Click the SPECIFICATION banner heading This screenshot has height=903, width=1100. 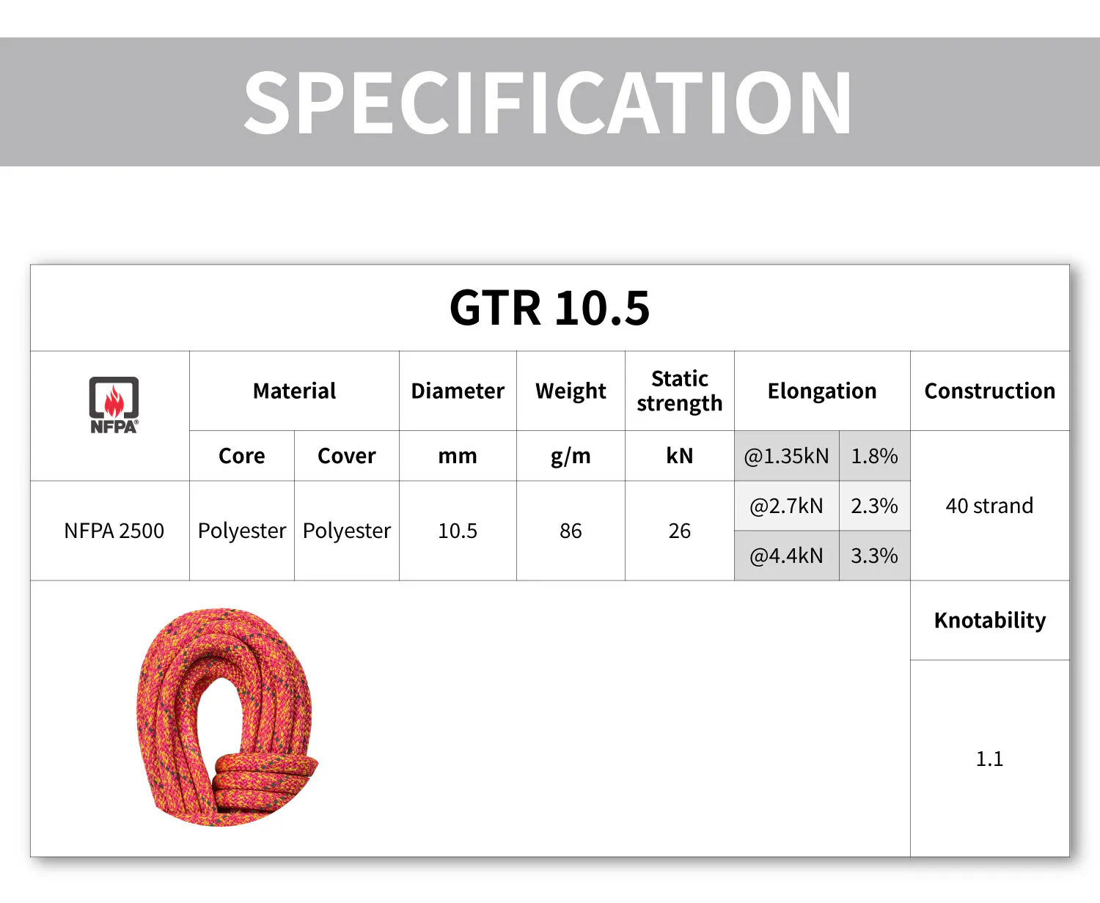click(548, 103)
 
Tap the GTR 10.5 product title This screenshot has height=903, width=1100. click(550, 308)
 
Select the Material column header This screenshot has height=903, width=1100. click(294, 391)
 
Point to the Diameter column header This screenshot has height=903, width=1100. click(458, 391)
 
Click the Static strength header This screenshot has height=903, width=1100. click(680, 391)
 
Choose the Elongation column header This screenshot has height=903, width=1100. click(822, 391)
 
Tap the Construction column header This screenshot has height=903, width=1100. click(989, 391)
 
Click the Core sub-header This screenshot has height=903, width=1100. click(241, 456)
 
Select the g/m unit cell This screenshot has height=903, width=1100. click(571, 457)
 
